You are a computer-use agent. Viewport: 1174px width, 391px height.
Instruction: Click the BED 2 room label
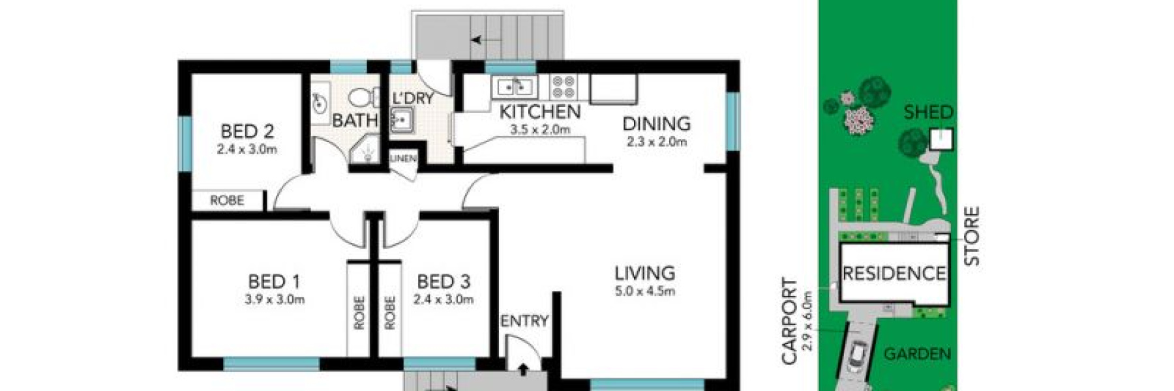(x=247, y=131)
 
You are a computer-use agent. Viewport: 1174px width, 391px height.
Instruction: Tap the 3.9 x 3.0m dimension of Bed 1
(x=275, y=300)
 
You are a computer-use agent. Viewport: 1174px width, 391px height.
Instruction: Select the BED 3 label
(x=443, y=282)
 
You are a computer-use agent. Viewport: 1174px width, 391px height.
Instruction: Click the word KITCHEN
(x=539, y=112)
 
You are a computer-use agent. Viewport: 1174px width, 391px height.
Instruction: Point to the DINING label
(x=656, y=123)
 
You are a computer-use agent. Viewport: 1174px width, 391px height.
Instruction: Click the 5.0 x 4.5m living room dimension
(x=644, y=291)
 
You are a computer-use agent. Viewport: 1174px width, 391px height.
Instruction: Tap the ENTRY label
(x=524, y=321)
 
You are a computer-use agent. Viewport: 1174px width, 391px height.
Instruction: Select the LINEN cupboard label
(x=402, y=158)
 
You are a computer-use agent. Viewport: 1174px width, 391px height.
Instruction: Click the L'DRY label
(x=413, y=98)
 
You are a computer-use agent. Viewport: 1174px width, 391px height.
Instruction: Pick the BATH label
(x=354, y=120)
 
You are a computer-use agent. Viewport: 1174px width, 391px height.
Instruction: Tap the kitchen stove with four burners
(x=563, y=87)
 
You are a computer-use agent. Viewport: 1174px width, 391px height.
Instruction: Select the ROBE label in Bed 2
(x=226, y=200)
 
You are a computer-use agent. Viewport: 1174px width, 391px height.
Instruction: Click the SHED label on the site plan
(x=928, y=112)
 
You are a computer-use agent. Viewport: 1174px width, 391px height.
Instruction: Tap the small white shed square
(x=941, y=139)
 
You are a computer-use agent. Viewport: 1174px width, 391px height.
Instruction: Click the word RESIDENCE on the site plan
(x=894, y=273)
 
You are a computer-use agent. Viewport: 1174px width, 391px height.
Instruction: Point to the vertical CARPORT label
(x=789, y=321)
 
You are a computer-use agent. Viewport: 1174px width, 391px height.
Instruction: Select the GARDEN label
(x=916, y=354)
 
